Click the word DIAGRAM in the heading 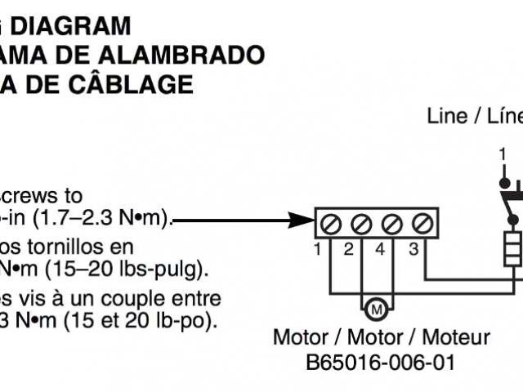coord(74,26)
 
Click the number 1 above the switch coord(503,153)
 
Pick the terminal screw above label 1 coord(332,221)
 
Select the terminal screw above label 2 coord(361,221)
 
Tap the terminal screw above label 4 coord(391,221)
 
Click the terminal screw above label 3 coord(421,221)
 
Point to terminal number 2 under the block coord(348,248)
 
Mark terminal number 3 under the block coord(413,248)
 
